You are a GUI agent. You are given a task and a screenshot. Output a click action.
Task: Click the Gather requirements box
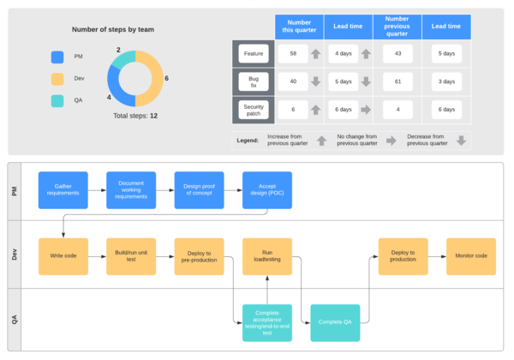63,190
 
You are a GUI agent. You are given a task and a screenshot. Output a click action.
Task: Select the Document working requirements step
131,190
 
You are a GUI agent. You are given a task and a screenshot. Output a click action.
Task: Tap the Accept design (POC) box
267,190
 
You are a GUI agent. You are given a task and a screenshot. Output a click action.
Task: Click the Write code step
63,256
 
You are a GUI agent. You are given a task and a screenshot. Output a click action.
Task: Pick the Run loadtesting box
267,256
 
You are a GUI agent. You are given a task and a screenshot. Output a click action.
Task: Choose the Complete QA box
335,322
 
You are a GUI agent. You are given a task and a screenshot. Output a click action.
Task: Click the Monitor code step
470,256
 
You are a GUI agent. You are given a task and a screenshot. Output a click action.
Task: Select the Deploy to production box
403,256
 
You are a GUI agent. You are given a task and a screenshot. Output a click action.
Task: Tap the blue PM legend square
57,57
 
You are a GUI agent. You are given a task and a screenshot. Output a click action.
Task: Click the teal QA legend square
57,100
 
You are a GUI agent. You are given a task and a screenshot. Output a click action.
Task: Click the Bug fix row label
254,81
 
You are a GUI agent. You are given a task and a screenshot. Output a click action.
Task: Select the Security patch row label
254,110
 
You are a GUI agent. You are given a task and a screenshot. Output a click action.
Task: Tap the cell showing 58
293,54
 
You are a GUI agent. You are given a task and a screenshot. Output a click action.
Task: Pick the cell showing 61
397,81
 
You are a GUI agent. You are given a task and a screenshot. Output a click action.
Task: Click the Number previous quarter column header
397,26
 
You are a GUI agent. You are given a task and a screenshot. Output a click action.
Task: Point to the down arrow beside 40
316,81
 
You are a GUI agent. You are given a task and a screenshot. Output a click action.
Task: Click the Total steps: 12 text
135,115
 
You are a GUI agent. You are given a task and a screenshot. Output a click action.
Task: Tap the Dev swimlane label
15,255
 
